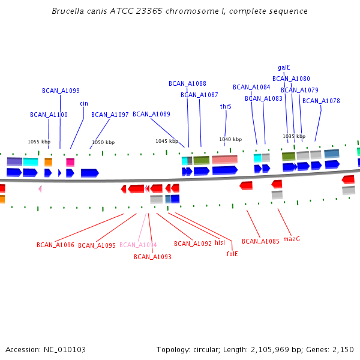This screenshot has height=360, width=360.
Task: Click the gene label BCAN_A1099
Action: [61, 91]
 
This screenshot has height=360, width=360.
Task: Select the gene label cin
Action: [84, 103]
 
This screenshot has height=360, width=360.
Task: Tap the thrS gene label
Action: [226, 106]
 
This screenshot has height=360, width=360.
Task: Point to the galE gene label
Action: [284, 67]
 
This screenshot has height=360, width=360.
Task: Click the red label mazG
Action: [292, 239]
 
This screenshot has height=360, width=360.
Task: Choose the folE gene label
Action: [232, 254]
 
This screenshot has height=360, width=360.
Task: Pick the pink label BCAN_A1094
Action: [138, 245]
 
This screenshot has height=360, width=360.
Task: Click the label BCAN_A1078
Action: [321, 101]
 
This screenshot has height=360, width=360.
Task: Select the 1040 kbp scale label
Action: [230, 139]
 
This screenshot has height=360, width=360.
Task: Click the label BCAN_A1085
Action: [260, 241]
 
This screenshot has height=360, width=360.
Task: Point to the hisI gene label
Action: [220, 243]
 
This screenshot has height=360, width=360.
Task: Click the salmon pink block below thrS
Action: [224, 160]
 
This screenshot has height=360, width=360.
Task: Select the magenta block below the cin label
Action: [70, 162]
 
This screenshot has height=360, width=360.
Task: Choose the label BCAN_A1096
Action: [55, 245]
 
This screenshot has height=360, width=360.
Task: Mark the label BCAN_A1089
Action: [151, 114]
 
